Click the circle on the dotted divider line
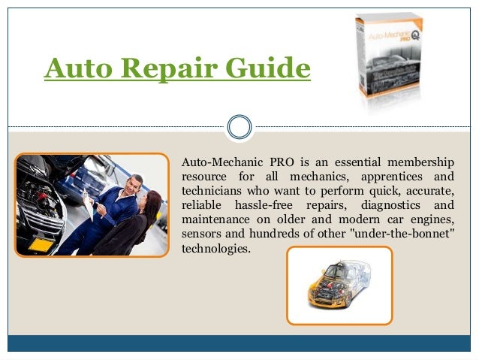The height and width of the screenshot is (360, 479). (239, 126)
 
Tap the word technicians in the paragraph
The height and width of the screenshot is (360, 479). (213, 191)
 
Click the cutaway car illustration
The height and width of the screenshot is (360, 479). (340, 284)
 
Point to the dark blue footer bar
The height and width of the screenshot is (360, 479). (239, 343)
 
